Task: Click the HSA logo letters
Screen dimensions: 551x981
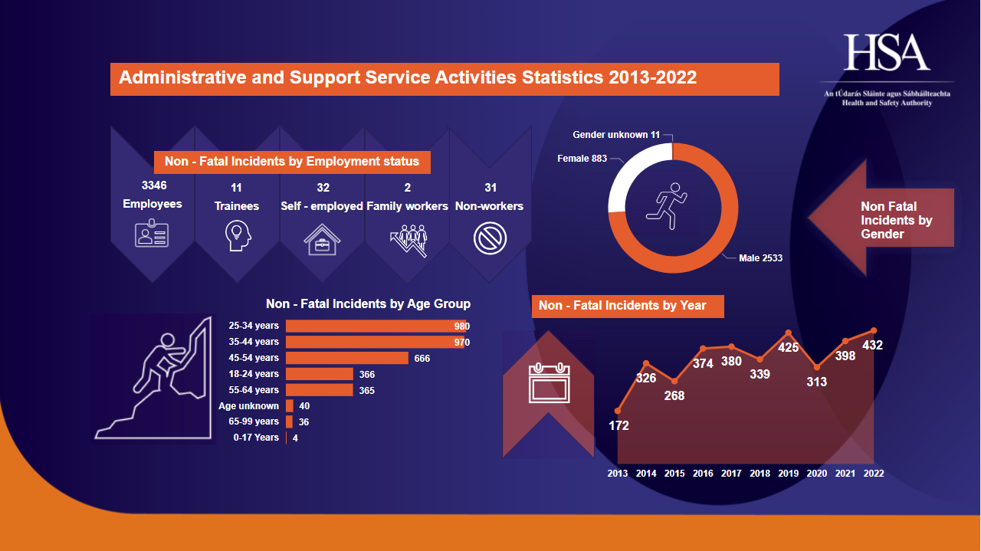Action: [887, 53]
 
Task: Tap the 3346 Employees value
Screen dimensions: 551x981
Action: [153, 185]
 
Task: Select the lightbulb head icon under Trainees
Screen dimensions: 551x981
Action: [237, 236]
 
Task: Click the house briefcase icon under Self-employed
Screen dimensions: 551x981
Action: [322, 238]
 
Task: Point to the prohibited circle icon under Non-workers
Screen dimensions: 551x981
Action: [490, 238]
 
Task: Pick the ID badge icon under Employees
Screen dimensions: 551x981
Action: [152, 234]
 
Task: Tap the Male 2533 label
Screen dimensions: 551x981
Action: [760, 258]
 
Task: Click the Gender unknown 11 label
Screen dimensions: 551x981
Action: [616, 135]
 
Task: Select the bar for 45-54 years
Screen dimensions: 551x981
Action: [347, 358]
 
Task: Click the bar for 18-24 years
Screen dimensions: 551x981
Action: [320, 374]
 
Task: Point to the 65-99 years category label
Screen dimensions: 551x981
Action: [254, 421]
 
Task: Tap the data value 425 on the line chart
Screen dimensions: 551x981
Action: [789, 348]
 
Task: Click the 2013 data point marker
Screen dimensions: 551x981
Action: [618, 412]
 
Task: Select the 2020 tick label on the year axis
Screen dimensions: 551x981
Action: [817, 474]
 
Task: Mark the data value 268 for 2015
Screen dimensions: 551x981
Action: [674, 395]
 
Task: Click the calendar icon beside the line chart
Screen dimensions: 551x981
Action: [549, 383]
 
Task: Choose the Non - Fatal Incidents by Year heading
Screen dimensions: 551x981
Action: [622, 306]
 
